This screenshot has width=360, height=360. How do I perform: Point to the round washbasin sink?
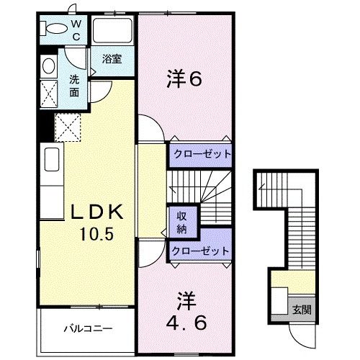click(48, 67)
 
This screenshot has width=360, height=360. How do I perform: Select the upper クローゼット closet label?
click(201, 153)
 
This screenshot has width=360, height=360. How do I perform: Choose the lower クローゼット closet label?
click(201, 251)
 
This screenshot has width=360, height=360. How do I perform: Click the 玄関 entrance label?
click(302, 310)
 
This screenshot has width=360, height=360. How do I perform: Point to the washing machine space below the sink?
click(49, 94)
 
